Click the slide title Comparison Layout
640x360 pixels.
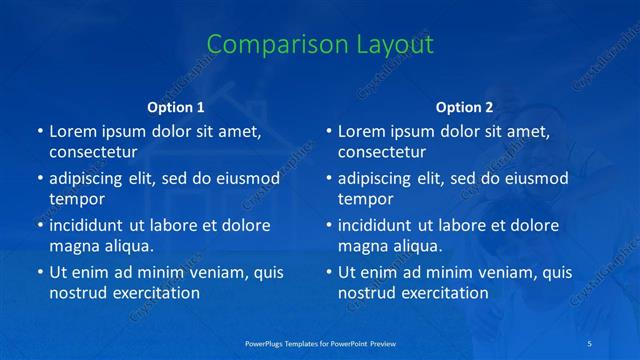(x=320, y=45)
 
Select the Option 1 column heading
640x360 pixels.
(x=176, y=107)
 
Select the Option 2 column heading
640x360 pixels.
(x=464, y=107)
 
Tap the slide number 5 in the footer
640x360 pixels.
(x=590, y=343)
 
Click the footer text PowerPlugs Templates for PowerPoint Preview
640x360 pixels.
(x=320, y=343)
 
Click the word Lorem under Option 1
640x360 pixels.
(x=73, y=131)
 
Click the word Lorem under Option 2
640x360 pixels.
(x=362, y=131)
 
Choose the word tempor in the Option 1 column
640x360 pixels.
(x=77, y=199)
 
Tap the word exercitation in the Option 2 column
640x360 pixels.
(x=443, y=293)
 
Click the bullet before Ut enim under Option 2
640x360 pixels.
(x=328, y=272)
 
